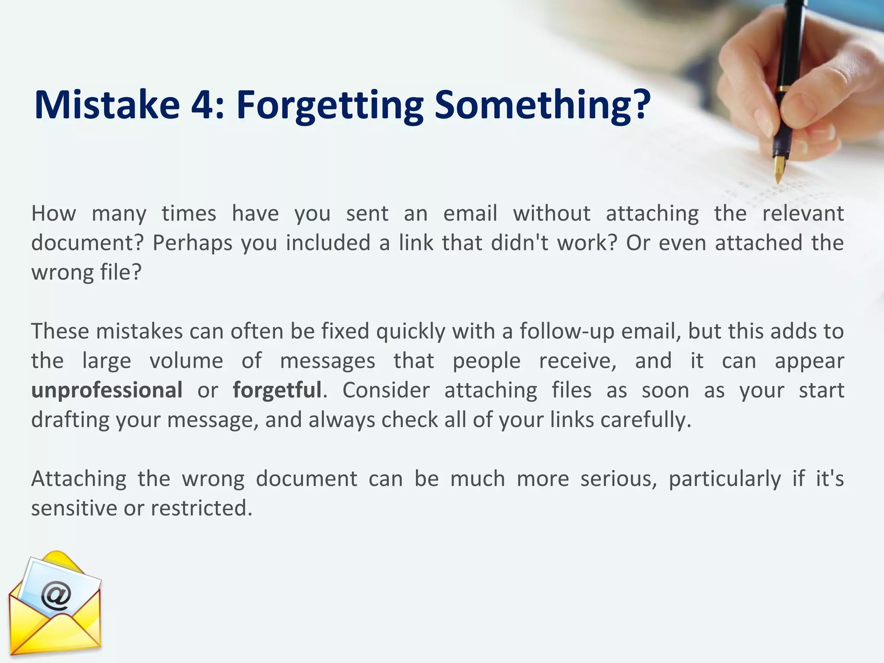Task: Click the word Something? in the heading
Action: (542, 105)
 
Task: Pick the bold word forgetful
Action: (277, 390)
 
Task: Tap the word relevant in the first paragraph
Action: (802, 213)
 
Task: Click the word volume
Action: (186, 361)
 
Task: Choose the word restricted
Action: (201, 508)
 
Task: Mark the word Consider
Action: (386, 390)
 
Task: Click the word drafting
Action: (70, 420)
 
